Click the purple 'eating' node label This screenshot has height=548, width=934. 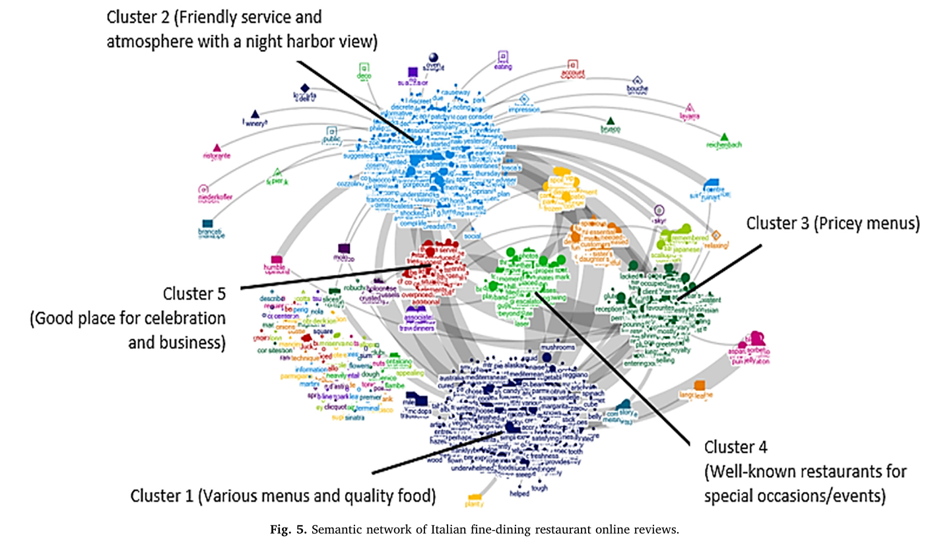[504, 66]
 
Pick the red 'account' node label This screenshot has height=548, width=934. [573, 73]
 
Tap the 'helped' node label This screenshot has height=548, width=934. [519, 493]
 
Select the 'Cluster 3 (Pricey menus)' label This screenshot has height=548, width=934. [832, 224]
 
